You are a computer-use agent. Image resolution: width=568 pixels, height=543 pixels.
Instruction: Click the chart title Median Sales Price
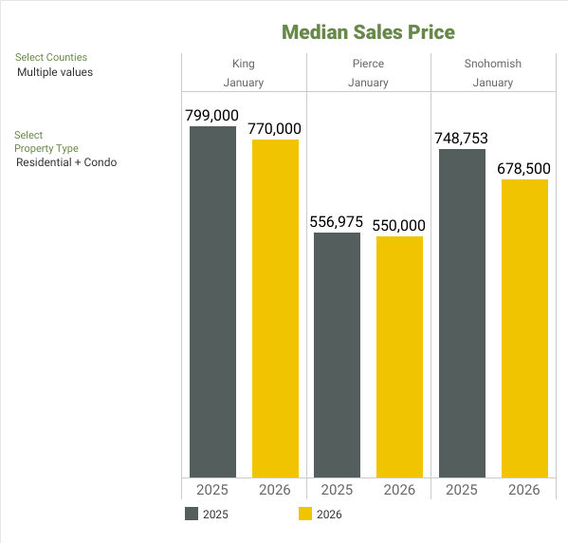[368, 32]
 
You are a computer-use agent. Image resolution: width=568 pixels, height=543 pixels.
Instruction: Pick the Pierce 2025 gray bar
[337, 355]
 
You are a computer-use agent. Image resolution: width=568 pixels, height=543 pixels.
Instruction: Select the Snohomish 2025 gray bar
[462, 313]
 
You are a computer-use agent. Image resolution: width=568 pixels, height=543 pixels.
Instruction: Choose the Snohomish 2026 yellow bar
[524, 328]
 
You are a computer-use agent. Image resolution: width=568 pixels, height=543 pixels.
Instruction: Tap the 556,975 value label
[336, 221]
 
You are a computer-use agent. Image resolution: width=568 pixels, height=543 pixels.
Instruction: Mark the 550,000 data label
[399, 225]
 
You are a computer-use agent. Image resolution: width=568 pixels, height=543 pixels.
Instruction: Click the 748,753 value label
[461, 138]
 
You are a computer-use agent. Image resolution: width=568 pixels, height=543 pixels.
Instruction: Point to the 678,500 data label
[524, 168]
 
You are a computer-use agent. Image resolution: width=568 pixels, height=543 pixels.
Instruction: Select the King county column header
[244, 65]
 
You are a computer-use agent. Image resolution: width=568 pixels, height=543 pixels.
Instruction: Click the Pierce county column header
[368, 65]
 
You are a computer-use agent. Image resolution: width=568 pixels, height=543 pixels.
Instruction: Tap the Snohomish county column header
[493, 65]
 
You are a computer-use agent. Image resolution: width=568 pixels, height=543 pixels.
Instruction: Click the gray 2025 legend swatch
[192, 515]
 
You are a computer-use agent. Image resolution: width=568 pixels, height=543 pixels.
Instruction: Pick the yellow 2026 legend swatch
[305, 515]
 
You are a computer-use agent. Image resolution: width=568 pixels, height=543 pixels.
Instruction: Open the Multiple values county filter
[55, 72]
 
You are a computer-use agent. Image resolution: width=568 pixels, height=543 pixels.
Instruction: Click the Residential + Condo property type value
[66, 162]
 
